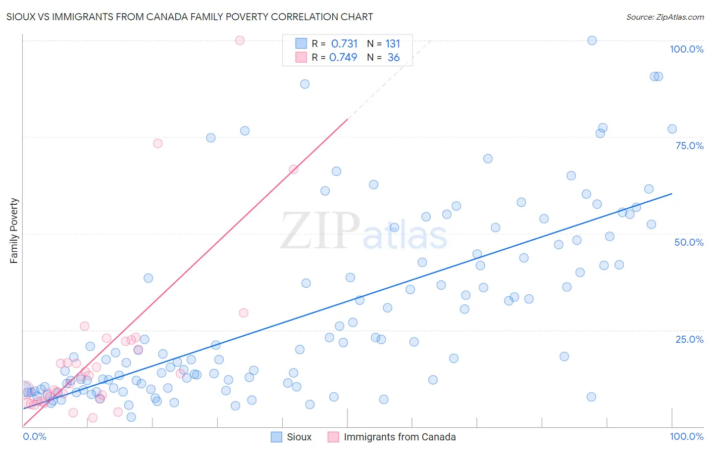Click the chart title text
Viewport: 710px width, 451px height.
(x=189, y=17)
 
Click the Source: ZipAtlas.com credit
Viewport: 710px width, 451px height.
(x=665, y=17)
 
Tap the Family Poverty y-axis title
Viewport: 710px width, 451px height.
(x=14, y=231)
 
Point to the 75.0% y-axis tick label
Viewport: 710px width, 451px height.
(x=689, y=146)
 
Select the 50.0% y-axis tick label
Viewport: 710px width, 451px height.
(x=689, y=242)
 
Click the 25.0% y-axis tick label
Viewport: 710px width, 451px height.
(x=689, y=339)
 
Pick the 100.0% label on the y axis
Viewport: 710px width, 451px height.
(x=686, y=49)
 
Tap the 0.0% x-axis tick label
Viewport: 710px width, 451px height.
(x=34, y=437)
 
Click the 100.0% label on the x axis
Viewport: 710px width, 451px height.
(x=686, y=437)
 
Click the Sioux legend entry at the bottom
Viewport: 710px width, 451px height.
(x=299, y=437)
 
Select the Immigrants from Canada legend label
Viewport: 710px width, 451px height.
(x=399, y=437)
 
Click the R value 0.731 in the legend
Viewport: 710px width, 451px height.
(x=344, y=44)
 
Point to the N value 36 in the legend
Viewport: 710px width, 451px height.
(x=393, y=58)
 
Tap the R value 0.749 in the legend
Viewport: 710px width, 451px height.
(x=343, y=58)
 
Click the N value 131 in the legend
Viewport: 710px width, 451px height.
(x=392, y=44)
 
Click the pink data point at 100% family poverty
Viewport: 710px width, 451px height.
(x=240, y=40)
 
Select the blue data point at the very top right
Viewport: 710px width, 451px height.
(x=592, y=40)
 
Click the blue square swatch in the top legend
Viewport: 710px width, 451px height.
(x=301, y=43)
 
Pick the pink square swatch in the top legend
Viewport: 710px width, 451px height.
(x=301, y=57)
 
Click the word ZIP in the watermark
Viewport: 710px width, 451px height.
(x=320, y=232)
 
